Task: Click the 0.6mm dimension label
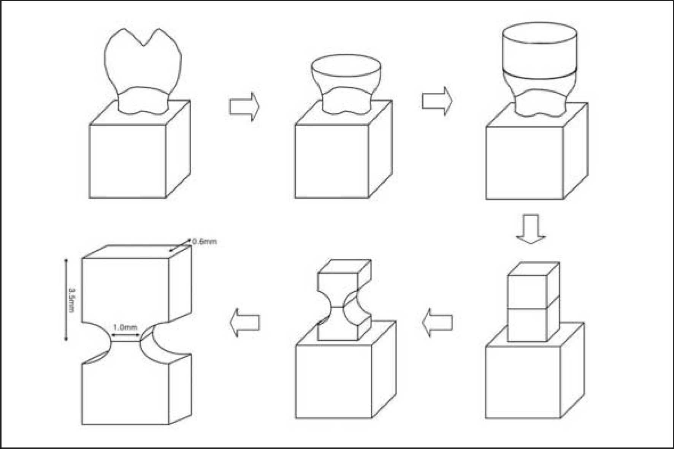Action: click(x=205, y=242)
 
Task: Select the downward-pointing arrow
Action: click(x=531, y=229)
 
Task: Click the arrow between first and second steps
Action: click(x=244, y=107)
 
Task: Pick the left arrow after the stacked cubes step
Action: click(x=438, y=323)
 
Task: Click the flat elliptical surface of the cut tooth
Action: click(x=346, y=66)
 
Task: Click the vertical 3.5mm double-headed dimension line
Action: click(x=66, y=300)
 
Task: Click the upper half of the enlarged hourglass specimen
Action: click(x=125, y=289)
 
